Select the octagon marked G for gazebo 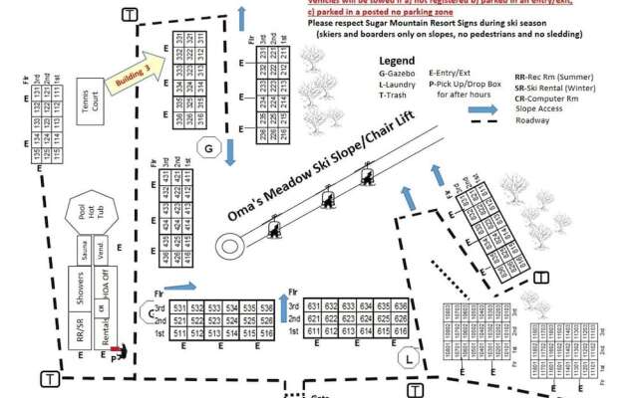coord(207,148)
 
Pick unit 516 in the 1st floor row coord(266,331)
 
